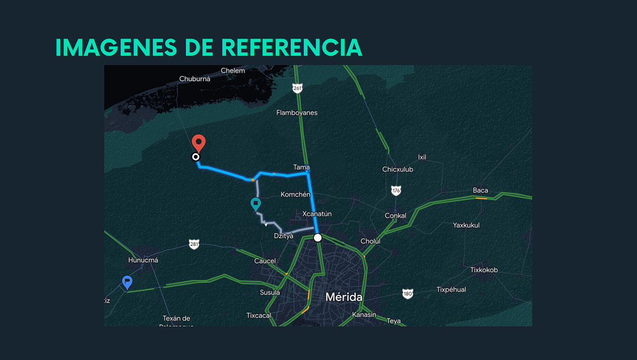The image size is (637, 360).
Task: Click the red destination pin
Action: click(x=199, y=143)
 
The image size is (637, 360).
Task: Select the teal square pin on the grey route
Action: click(x=255, y=204)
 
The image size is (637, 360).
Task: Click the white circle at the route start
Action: click(x=318, y=238)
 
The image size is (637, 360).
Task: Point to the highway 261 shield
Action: click(x=298, y=88)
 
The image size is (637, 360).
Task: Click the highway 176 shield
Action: click(x=396, y=190)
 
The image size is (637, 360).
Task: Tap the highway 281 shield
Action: click(x=194, y=244)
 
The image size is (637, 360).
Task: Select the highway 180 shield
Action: click(x=408, y=294)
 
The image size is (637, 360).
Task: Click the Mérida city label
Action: click(x=344, y=297)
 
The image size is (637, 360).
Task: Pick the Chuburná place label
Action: click(x=195, y=79)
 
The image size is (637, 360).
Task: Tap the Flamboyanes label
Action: click(x=297, y=113)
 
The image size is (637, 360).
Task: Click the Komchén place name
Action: click(x=296, y=195)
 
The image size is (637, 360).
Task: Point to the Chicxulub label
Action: click(x=398, y=169)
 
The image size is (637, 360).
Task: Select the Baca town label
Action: click(x=480, y=191)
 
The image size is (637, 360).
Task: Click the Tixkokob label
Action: click(x=484, y=270)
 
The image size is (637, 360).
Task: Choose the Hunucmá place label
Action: click(x=143, y=260)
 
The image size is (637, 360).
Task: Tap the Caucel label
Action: click(x=265, y=261)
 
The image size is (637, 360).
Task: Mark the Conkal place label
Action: click(x=395, y=216)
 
